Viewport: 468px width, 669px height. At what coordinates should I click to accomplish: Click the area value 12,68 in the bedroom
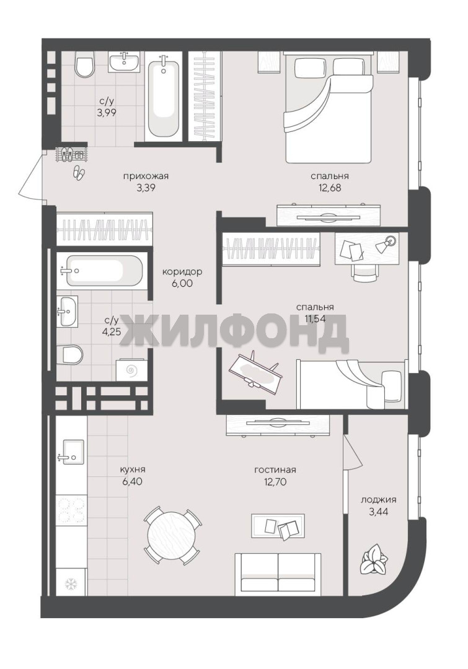pos(330,187)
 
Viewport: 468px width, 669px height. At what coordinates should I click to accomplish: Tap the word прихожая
pos(146,176)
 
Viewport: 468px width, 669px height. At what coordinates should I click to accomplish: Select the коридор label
pos(182,272)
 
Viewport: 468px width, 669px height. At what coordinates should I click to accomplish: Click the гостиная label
pos(275,470)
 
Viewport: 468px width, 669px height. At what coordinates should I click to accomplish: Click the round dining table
pos(172,535)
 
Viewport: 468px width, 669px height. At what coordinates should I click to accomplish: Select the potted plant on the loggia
pos(374,559)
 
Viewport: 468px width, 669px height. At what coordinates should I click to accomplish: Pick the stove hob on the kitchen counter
pos(71,510)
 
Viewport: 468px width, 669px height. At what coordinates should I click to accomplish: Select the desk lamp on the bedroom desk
pos(386,243)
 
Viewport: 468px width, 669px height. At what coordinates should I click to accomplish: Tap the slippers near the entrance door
pos(79,172)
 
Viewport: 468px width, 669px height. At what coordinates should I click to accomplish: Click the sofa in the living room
pos(278,574)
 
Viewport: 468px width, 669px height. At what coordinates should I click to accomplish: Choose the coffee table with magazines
pos(278,527)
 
